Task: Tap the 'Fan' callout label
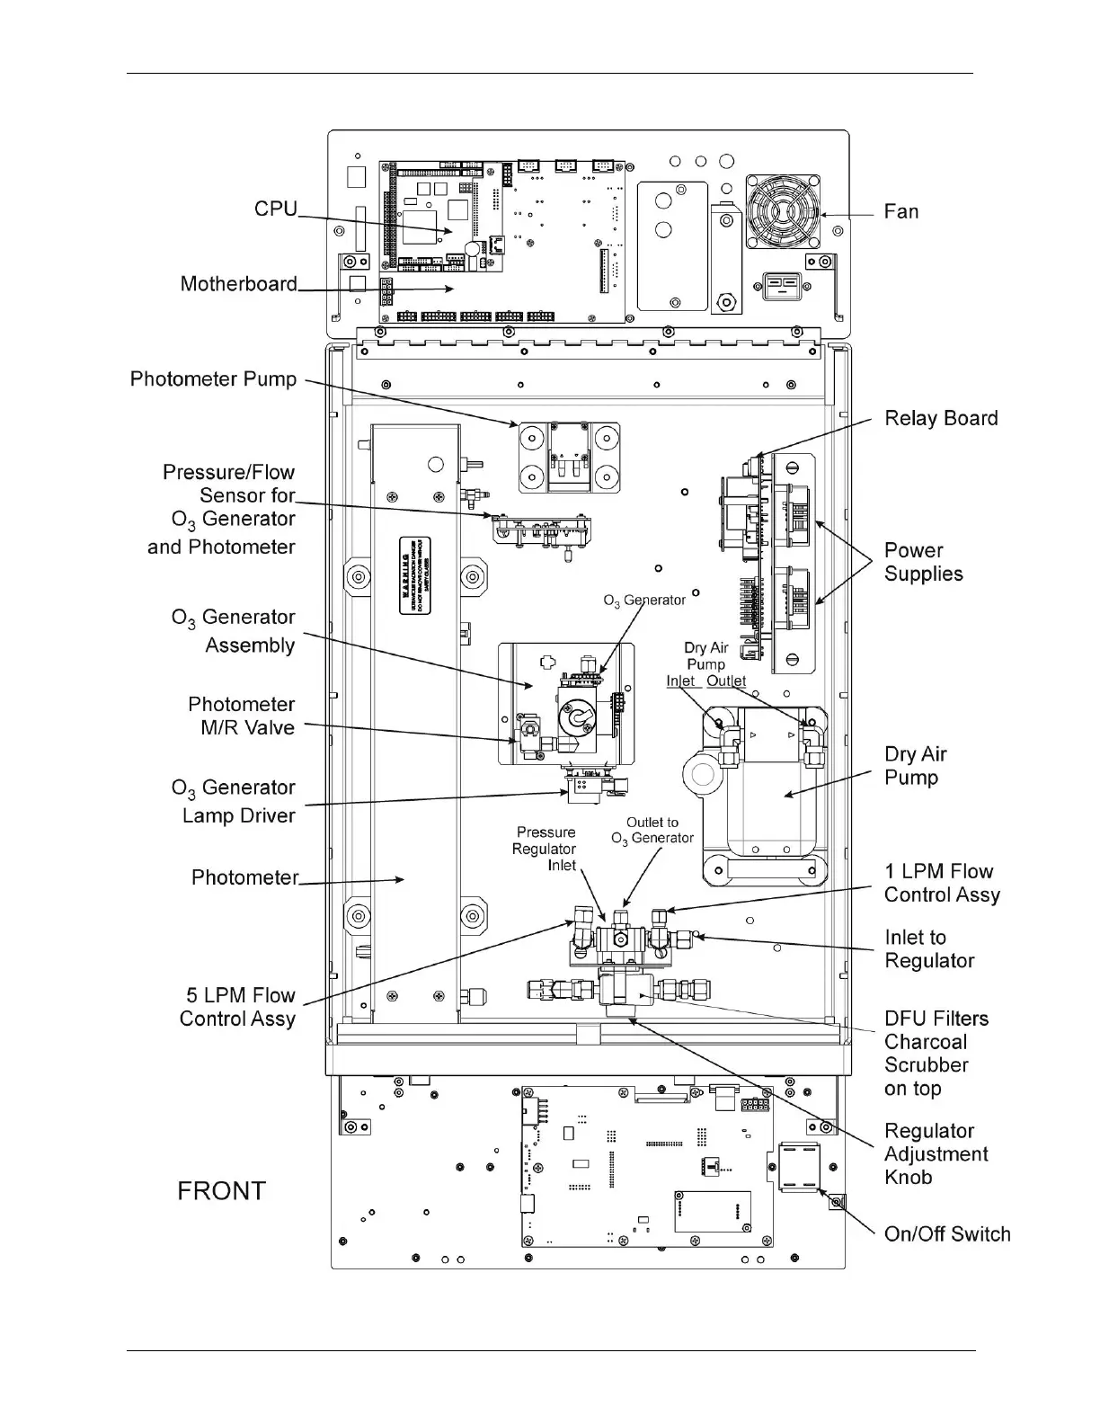click(900, 212)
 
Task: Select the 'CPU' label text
click(275, 209)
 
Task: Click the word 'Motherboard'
click(238, 284)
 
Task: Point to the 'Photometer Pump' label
click(213, 379)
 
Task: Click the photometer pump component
click(568, 457)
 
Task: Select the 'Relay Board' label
click(941, 419)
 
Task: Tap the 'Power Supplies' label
click(923, 563)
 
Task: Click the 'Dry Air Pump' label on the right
click(915, 766)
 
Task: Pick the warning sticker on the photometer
click(414, 575)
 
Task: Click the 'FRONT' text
click(221, 1191)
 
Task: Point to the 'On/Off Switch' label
click(947, 1234)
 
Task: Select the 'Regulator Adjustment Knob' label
click(936, 1154)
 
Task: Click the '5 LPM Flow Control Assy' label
click(237, 1007)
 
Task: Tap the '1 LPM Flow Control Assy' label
click(941, 883)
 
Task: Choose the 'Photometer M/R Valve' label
click(241, 716)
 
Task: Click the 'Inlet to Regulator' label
click(929, 949)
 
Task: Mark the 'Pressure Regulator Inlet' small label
click(545, 849)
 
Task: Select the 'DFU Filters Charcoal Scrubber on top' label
click(936, 1054)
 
